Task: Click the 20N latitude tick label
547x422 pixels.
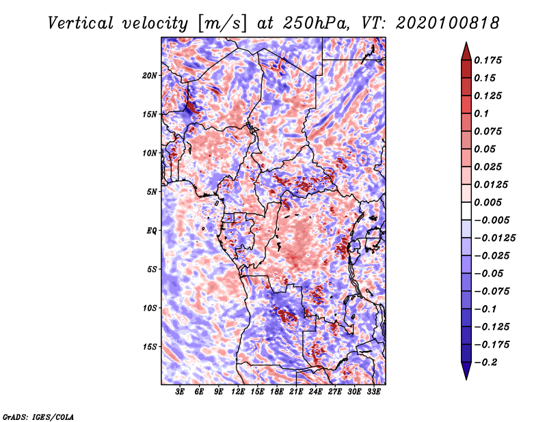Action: coord(150,75)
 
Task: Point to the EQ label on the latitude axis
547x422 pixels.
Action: coord(152,230)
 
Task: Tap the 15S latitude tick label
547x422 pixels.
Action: coord(150,346)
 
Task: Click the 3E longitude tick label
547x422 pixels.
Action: coord(181,393)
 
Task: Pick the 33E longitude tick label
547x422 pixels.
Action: coord(373,393)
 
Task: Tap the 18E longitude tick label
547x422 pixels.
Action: coord(277,393)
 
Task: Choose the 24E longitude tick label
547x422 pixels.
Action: coord(315,393)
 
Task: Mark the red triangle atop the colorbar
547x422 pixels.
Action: coord(466,51)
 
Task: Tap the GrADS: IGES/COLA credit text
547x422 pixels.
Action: coord(38,415)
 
